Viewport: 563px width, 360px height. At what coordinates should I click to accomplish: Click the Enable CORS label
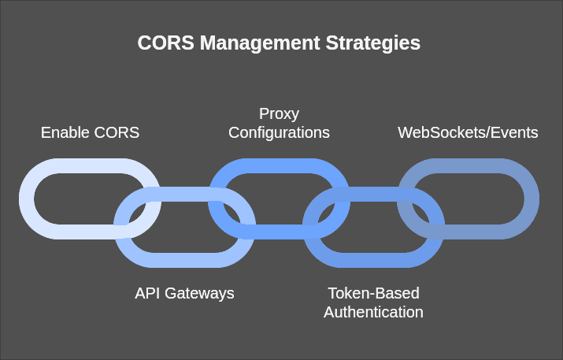(x=90, y=132)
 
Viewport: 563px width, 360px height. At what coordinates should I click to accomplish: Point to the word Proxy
(x=279, y=113)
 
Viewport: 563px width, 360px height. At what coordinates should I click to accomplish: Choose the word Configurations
(x=279, y=132)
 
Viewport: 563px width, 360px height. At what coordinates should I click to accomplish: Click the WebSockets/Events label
(x=468, y=132)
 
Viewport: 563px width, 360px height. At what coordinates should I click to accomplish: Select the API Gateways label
(x=184, y=293)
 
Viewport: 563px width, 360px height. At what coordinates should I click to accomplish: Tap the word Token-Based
(x=373, y=293)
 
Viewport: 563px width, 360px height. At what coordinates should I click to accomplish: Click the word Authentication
(x=373, y=312)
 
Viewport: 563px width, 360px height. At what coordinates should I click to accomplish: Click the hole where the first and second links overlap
(x=137, y=213)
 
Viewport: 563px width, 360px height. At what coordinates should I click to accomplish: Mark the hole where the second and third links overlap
(x=231, y=213)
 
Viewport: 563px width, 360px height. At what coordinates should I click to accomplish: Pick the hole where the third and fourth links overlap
(x=326, y=213)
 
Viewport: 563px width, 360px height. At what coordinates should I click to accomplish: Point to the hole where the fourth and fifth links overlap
(x=420, y=213)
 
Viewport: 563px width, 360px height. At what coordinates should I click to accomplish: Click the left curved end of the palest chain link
(x=28, y=199)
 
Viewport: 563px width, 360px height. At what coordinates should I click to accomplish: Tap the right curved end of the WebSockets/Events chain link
(x=530, y=199)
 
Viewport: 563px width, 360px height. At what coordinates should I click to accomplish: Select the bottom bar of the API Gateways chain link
(x=184, y=260)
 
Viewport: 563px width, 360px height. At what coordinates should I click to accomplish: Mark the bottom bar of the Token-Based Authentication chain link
(x=373, y=260)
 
